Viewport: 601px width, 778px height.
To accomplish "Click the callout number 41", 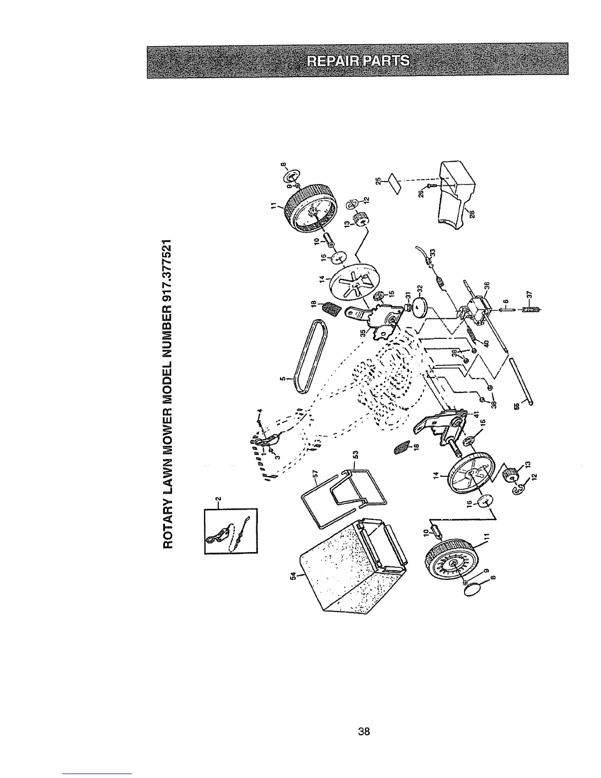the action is click(x=475, y=414).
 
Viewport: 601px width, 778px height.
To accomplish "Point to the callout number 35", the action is click(x=363, y=332).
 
